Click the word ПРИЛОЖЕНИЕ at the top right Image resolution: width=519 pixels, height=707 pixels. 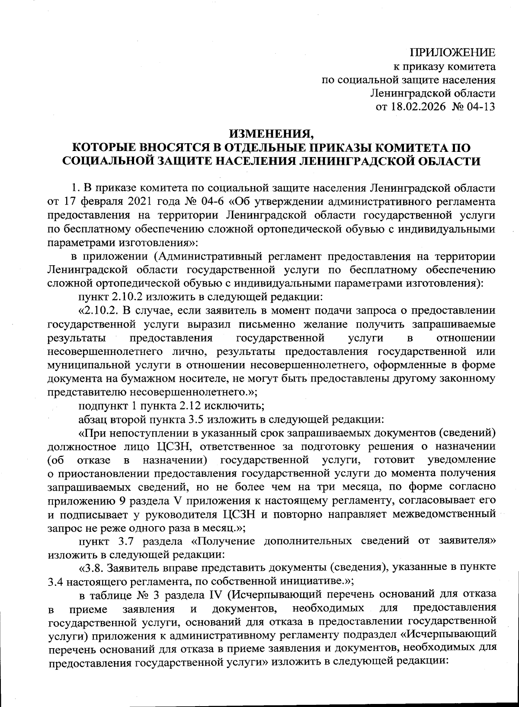pos(453,53)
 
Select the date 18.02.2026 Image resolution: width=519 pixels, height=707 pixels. pos(417,106)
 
